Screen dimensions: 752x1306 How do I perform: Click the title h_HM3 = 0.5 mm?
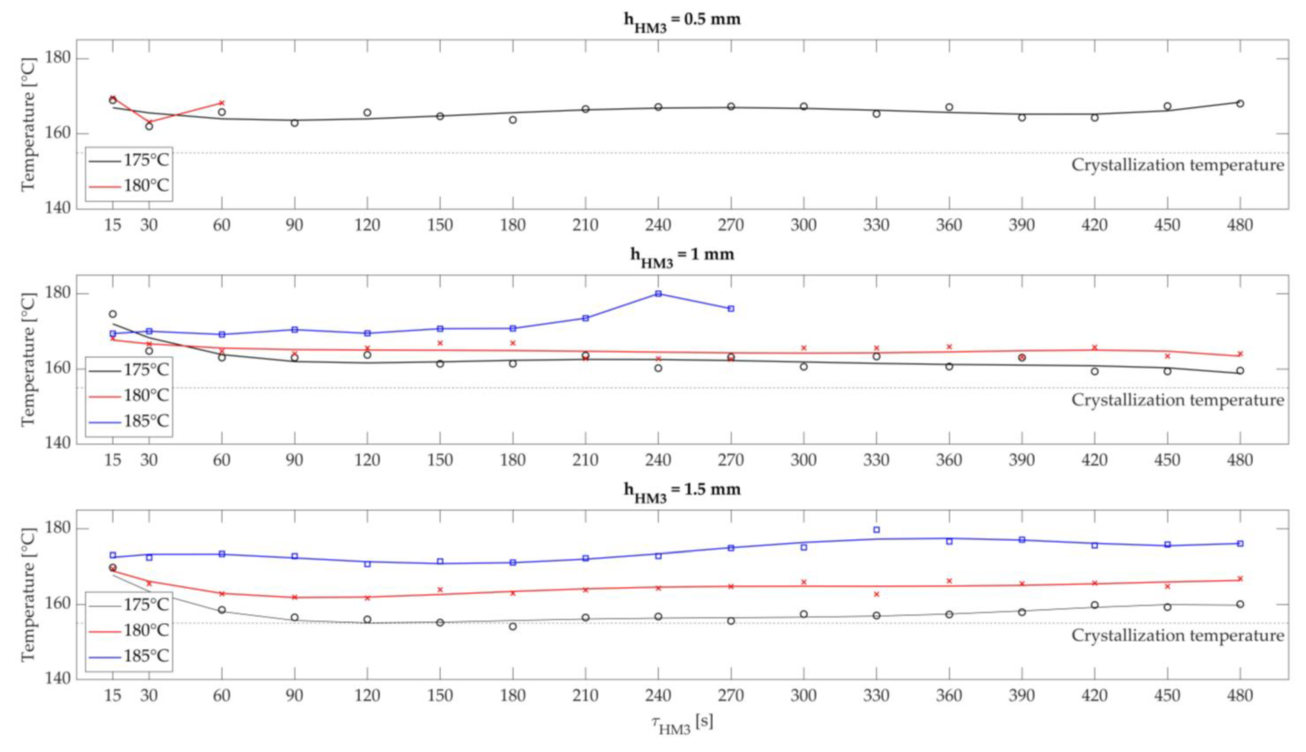pyautogui.click(x=682, y=21)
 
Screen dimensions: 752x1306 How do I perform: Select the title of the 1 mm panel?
pyautogui.click(x=682, y=256)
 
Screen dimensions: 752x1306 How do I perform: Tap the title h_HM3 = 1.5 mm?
pyautogui.click(x=682, y=491)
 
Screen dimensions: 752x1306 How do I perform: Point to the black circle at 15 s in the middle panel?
pyautogui.click(x=113, y=314)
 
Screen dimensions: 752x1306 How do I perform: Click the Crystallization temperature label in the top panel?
pyautogui.click(x=1177, y=165)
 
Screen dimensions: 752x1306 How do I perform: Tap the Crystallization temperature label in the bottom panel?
pyautogui.click(x=1177, y=636)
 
